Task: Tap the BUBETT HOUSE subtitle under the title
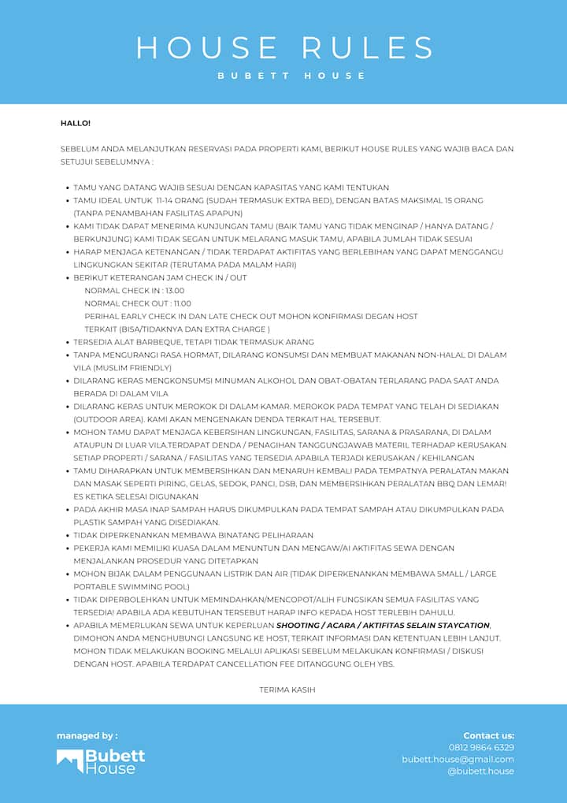coord(291,76)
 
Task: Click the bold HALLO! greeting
coord(76,123)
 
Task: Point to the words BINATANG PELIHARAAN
coord(260,535)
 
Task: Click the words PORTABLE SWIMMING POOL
coord(132,586)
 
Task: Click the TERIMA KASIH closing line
coord(287,690)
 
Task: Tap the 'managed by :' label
coord(87,736)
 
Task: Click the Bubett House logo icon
coord(69,760)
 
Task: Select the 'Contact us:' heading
coord(488,735)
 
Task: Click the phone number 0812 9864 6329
coord(481,747)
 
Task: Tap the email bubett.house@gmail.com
coord(458,759)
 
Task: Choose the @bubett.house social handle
coord(480,771)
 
